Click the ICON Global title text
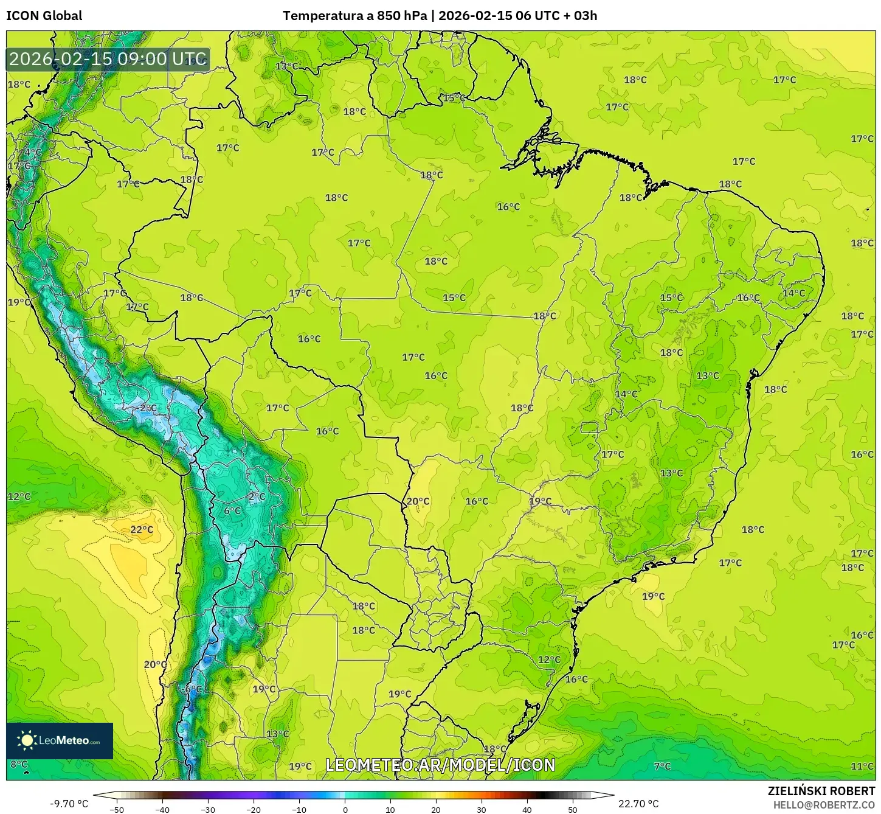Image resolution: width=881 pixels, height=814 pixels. pyautogui.click(x=44, y=16)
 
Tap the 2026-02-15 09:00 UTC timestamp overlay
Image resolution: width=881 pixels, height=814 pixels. pyautogui.click(x=108, y=59)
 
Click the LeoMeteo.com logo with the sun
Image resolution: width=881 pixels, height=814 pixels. pyautogui.click(x=60, y=740)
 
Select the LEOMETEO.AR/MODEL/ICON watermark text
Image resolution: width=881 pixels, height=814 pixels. pyautogui.click(x=440, y=765)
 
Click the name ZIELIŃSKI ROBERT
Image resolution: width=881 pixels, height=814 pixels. pyautogui.click(x=821, y=791)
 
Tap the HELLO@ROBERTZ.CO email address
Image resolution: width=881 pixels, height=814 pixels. pyautogui.click(x=824, y=805)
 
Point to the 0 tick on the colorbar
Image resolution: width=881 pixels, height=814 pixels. pyautogui.click(x=345, y=809)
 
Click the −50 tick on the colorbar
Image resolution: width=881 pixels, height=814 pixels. pyautogui.click(x=117, y=809)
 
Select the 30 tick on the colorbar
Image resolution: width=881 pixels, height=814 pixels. pyautogui.click(x=482, y=809)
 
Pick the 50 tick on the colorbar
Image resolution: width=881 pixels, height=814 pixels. pyautogui.click(x=573, y=809)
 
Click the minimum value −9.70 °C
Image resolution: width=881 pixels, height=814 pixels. pyautogui.click(x=69, y=804)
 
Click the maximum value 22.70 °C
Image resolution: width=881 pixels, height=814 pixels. pyautogui.click(x=638, y=804)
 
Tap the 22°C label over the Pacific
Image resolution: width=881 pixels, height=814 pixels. pyautogui.click(x=142, y=530)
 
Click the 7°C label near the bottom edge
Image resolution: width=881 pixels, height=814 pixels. pyautogui.click(x=662, y=767)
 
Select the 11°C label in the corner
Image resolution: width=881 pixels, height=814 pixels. pyautogui.click(x=862, y=767)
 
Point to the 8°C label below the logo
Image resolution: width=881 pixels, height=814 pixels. pyautogui.click(x=19, y=764)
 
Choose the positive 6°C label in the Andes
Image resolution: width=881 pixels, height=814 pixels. pyautogui.click(x=232, y=511)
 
